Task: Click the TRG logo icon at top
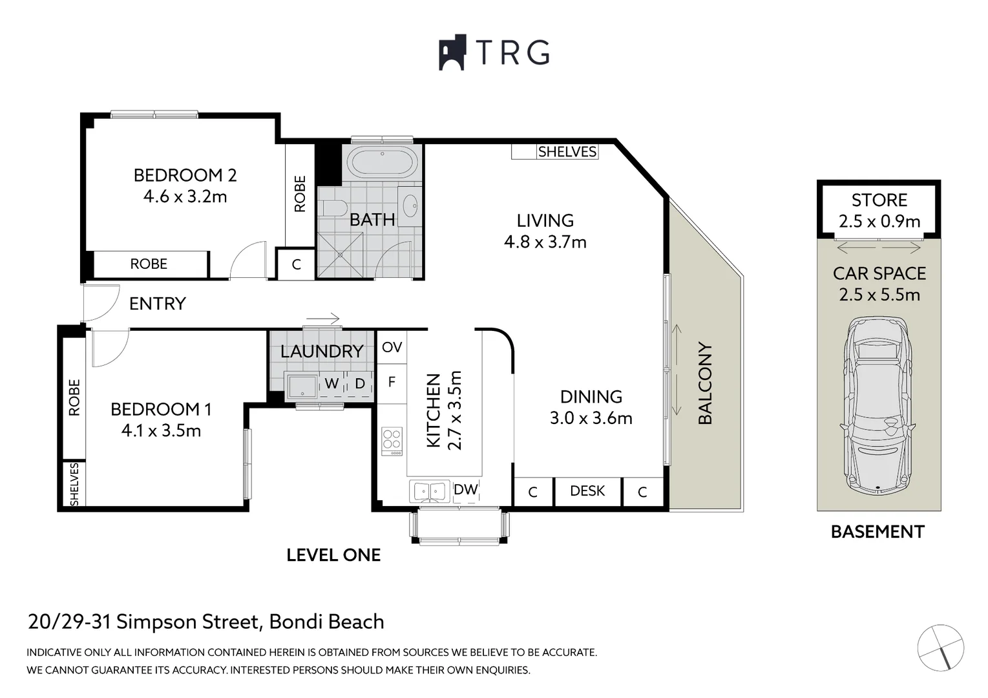[452, 52]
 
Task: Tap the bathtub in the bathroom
[382, 163]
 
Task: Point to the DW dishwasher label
[465, 490]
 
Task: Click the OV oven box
[392, 348]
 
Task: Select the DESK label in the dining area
[587, 491]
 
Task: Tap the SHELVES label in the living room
[567, 152]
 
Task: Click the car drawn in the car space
[878, 404]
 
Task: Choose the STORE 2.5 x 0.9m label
[879, 211]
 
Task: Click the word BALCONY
[705, 383]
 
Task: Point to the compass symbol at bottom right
[940, 647]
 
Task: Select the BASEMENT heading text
[877, 532]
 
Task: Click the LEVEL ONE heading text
[333, 555]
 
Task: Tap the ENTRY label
[157, 304]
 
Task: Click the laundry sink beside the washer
[301, 386]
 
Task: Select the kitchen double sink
[429, 491]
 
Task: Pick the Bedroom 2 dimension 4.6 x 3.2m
[185, 196]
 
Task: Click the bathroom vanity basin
[410, 207]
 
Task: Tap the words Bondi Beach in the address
[326, 622]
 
